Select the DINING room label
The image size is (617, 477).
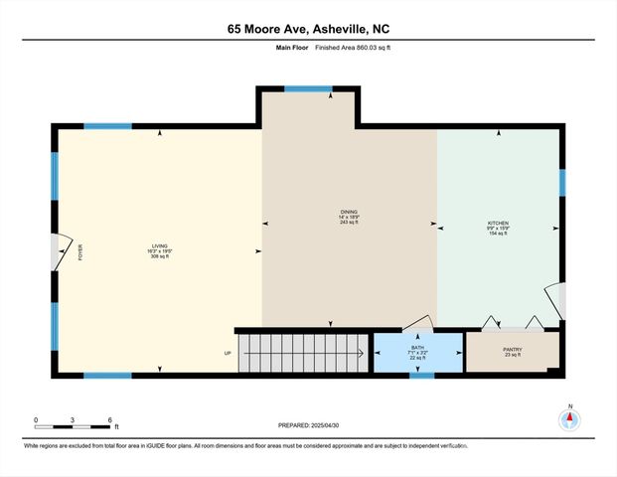coord(349,212)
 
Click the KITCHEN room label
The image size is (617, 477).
coord(499,224)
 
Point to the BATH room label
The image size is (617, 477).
coord(417,348)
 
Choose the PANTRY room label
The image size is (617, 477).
coord(513,349)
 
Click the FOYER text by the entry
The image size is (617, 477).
coord(81,251)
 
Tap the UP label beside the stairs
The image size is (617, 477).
coord(227,353)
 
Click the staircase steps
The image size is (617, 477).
coord(303,353)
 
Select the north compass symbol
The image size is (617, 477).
coord(570,418)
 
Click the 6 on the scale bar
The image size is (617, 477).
coord(109,420)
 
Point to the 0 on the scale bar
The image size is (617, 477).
coord(36,420)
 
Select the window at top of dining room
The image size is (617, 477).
coord(309,89)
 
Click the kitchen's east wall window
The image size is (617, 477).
coord(561,183)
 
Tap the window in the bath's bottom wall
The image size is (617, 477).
coord(422,375)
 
